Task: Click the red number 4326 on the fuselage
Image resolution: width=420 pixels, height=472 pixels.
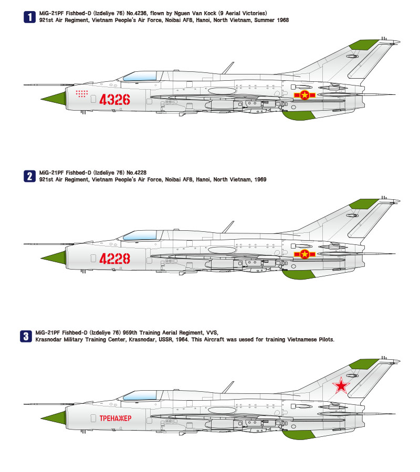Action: [114, 100]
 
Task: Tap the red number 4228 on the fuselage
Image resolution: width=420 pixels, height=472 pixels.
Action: [114, 259]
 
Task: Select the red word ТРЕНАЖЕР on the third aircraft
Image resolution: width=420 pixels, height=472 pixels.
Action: [115, 418]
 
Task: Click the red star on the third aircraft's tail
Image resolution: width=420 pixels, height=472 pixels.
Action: [341, 385]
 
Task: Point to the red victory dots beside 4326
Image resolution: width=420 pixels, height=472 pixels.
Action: [82, 94]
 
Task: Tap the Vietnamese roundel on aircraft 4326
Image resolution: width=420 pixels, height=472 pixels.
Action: [304, 95]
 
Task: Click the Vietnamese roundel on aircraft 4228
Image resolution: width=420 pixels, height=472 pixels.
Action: [304, 254]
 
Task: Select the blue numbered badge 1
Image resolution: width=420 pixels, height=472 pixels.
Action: [29, 17]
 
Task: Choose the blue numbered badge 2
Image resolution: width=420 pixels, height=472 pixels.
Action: [29, 176]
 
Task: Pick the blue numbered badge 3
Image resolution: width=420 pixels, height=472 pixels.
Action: [26, 336]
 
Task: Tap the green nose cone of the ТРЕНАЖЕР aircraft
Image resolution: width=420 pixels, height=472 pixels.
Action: [54, 417]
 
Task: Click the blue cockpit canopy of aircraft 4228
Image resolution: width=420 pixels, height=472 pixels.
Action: [140, 235]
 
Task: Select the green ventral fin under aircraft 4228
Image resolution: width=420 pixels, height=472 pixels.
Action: [298, 274]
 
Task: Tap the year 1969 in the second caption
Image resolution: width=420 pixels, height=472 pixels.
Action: [260, 179]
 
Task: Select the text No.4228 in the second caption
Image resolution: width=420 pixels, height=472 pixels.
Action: [136, 173]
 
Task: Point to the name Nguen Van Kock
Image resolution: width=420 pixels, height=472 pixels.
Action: [195, 13]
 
